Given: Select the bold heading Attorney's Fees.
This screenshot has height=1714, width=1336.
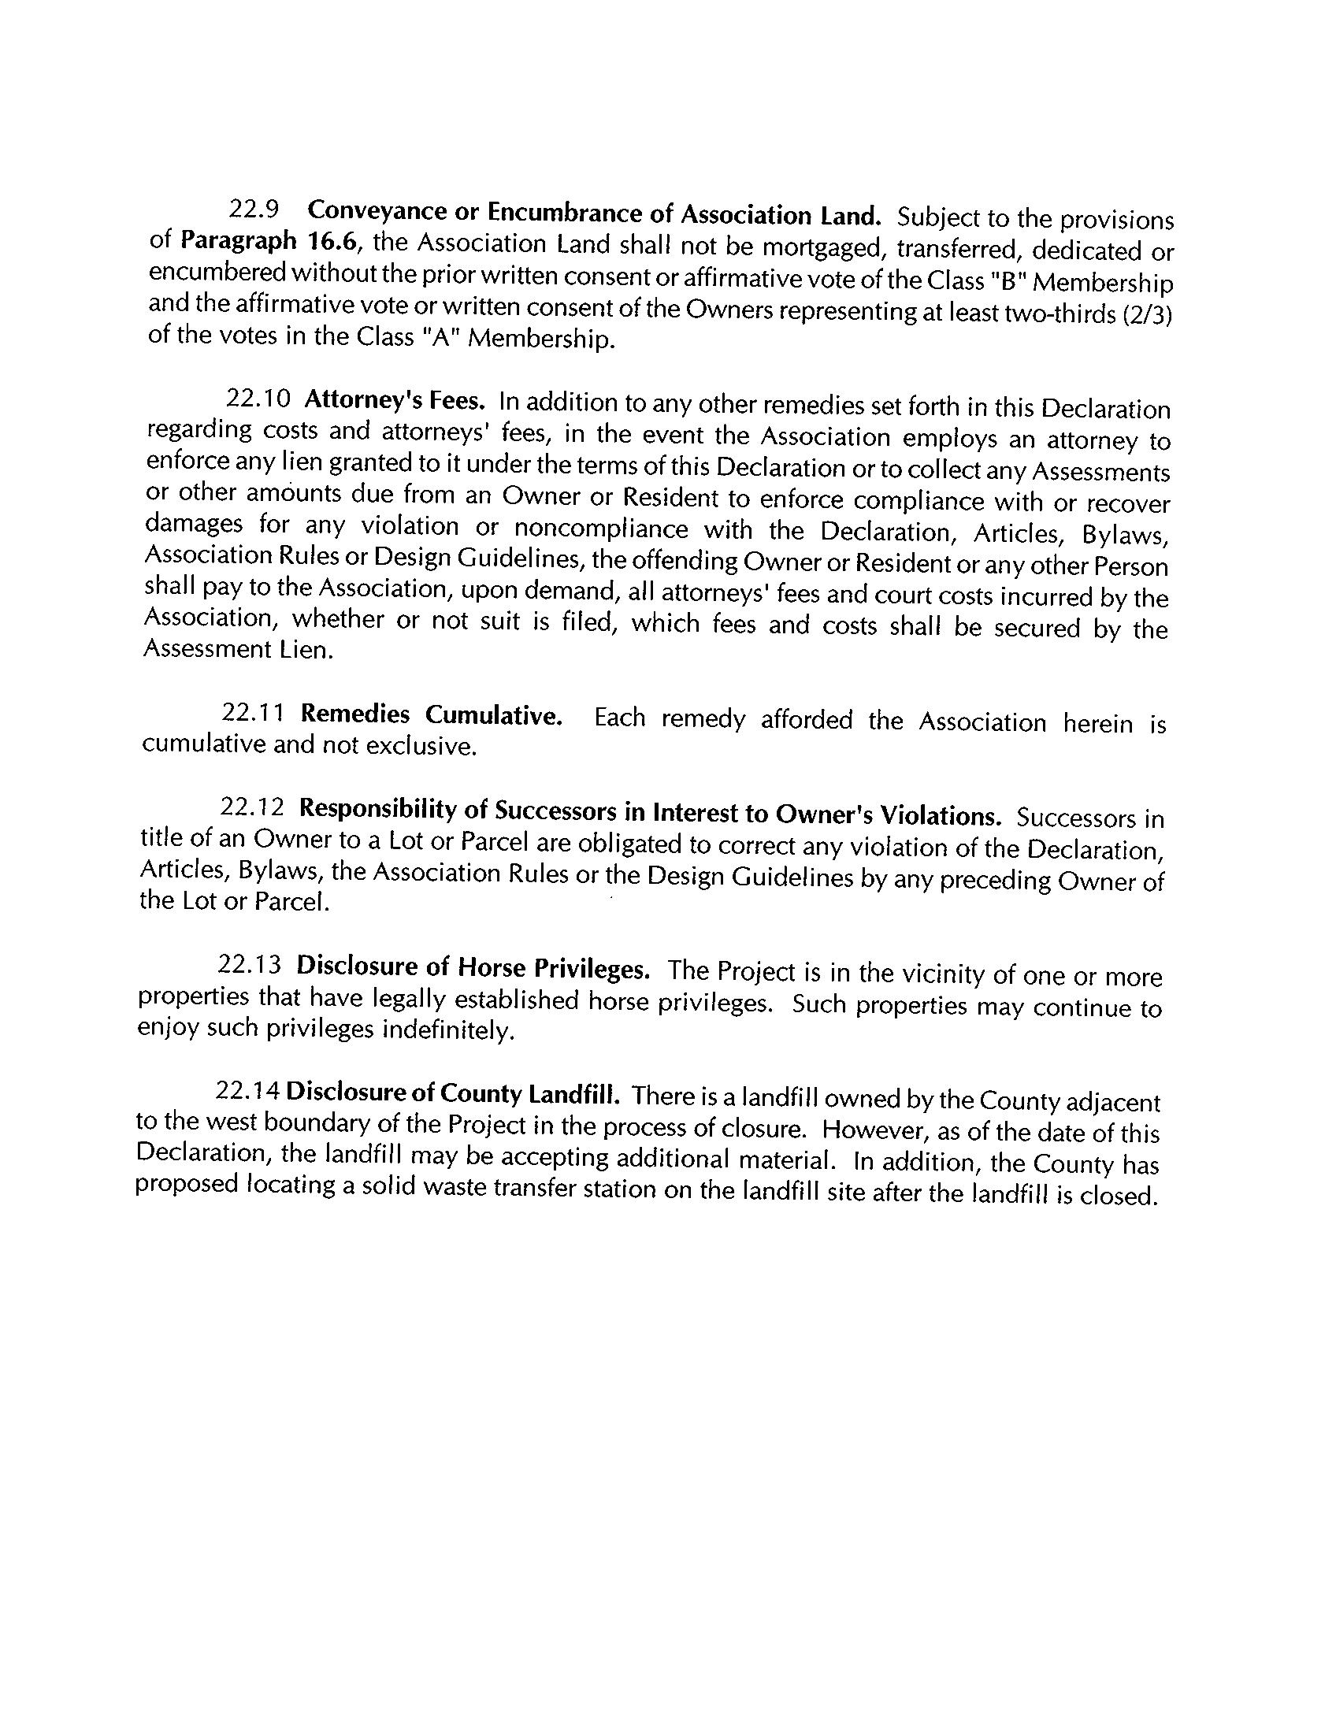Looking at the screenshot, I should coord(394,400).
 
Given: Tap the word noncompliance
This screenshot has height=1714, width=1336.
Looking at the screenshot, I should coord(601,528).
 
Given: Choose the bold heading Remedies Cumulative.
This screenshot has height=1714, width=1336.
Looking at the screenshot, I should coord(432,714).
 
